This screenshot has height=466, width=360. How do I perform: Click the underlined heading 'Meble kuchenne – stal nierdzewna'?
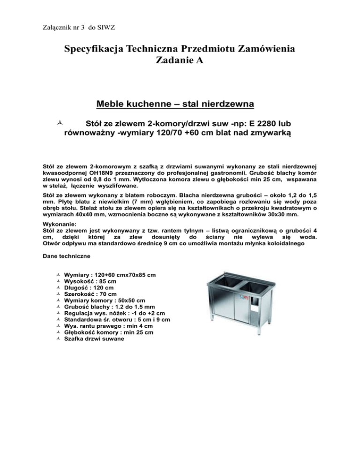coord(180,103)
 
